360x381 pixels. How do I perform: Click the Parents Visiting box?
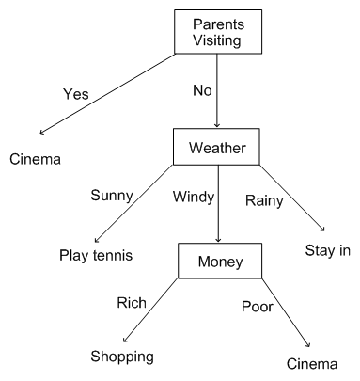[x=218, y=31]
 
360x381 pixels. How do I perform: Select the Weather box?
[x=218, y=146]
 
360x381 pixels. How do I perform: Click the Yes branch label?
[x=75, y=94]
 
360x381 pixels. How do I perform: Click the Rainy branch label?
[x=265, y=200]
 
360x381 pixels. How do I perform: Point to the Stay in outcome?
[x=325, y=250]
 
